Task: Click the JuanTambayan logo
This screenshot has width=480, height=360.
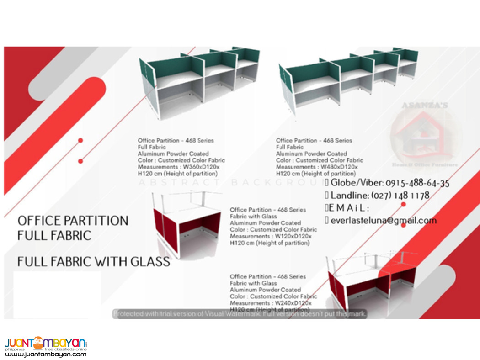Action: (46, 343)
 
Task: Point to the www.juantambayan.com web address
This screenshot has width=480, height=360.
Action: (46, 354)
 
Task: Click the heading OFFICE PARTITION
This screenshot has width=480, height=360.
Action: (73, 221)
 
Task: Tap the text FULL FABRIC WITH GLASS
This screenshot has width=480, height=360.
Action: (93, 262)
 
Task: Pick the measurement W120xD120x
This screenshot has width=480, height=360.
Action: (292, 236)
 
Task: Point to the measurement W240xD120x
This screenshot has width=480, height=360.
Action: (292, 303)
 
